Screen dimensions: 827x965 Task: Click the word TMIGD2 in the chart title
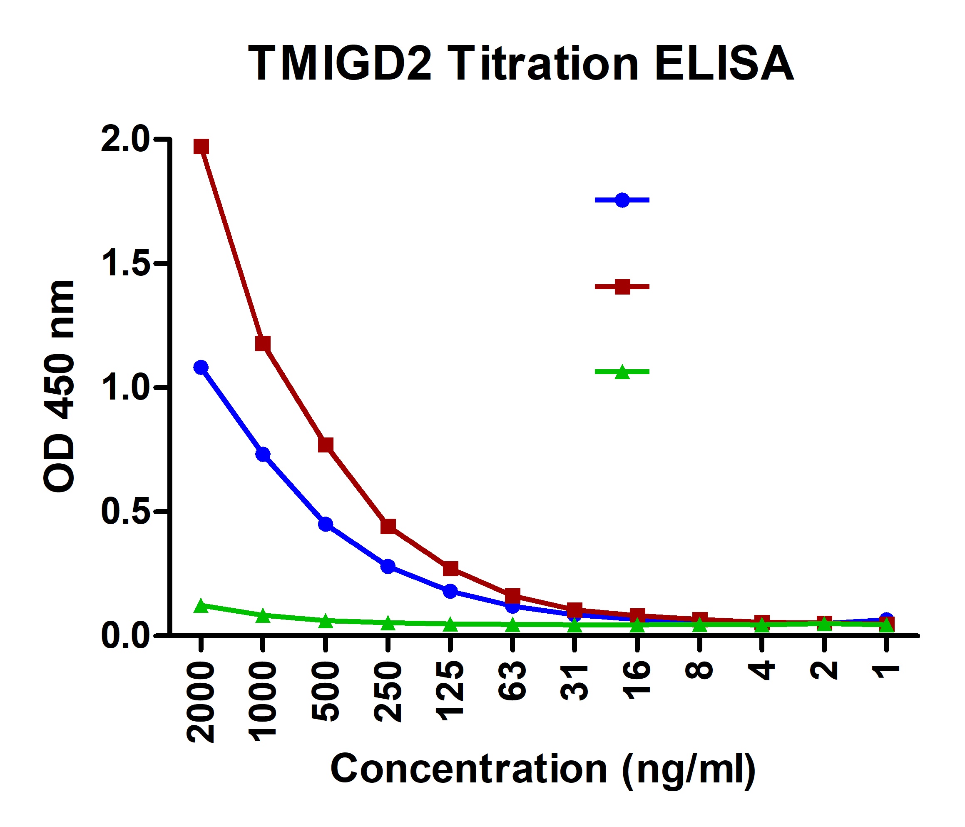pyautogui.click(x=340, y=64)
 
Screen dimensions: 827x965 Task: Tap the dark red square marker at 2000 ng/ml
pyautogui.click(x=201, y=146)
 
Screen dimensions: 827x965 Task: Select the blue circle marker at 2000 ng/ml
pyautogui.click(x=201, y=367)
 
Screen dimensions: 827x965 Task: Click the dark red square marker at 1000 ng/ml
pyautogui.click(x=263, y=344)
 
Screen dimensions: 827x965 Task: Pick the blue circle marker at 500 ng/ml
pyautogui.click(x=326, y=524)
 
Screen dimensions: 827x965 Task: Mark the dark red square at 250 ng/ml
pyautogui.click(x=388, y=526)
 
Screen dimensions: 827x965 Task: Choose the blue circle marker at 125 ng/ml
pyautogui.click(x=450, y=591)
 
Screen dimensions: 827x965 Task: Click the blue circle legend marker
pyautogui.click(x=622, y=200)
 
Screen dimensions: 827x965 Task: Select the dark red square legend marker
pyautogui.click(x=622, y=287)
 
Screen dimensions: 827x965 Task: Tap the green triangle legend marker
pyautogui.click(x=622, y=372)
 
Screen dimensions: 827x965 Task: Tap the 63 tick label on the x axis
pyautogui.click(x=512, y=681)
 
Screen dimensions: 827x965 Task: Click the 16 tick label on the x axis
pyautogui.click(x=637, y=680)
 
